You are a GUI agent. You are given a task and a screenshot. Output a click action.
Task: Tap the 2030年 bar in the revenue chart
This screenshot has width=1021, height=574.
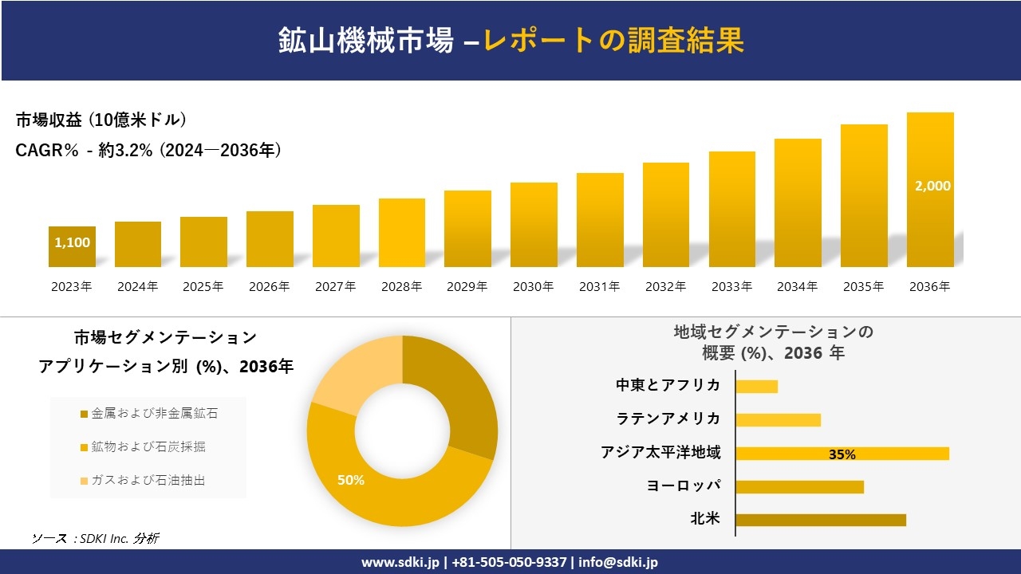pyautogui.click(x=534, y=225)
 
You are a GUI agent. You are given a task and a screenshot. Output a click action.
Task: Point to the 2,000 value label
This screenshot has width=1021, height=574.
pyautogui.click(x=932, y=186)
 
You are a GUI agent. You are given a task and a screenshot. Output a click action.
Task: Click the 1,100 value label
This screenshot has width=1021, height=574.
pyautogui.click(x=73, y=242)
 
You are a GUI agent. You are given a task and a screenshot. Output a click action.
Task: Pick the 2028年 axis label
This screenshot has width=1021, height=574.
pyautogui.click(x=401, y=287)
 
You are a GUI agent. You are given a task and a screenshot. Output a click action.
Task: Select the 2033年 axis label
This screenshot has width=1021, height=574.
pyautogui.click(x=731, y=287)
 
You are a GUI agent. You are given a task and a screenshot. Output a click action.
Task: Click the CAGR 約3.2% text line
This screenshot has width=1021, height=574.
pyautogui.click(x=148, y=151)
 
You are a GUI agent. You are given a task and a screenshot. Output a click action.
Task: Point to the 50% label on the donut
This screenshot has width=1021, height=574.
pyautogui.click(x=350, y=480)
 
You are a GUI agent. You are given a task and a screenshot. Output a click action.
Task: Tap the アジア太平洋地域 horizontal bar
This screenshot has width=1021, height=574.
pyautogui.click(x=842, y=454)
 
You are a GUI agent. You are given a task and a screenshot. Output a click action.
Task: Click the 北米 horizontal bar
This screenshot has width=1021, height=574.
pyautogui.click(x=820, y=520)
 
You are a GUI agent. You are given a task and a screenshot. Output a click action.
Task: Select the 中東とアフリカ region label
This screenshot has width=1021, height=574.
pyautogui.click(x=668, y=386)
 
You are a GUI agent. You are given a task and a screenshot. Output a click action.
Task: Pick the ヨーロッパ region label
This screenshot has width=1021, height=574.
pyautogui.click(x=684, y=486)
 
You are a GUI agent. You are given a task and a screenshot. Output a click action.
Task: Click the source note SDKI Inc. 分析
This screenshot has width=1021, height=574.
pyautogui.click(x=96, y=538)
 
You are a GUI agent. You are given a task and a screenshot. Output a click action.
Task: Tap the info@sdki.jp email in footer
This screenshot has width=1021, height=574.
pyautogui.click(x=618, y=562)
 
